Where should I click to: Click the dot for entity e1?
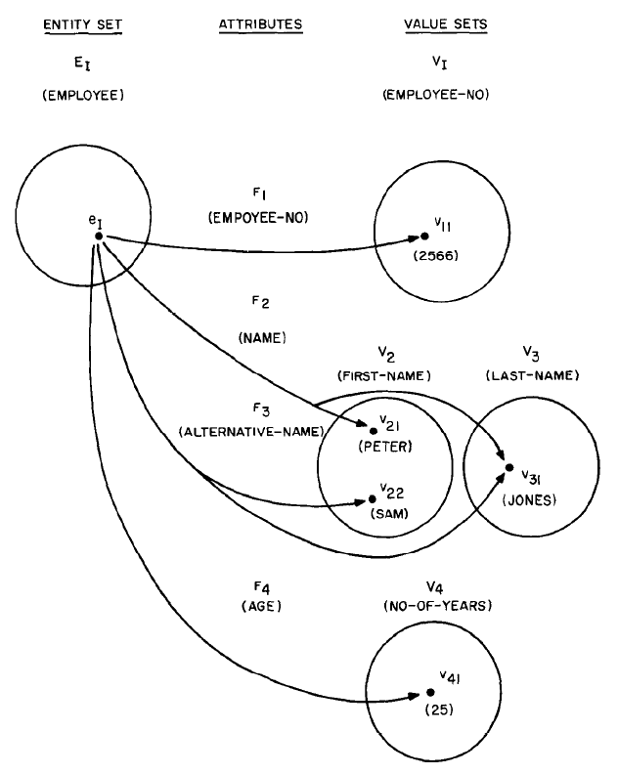[x=98, y=236]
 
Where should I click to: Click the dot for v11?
[x=424, y=236]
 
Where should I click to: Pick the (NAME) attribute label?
[x=261, y=337]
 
